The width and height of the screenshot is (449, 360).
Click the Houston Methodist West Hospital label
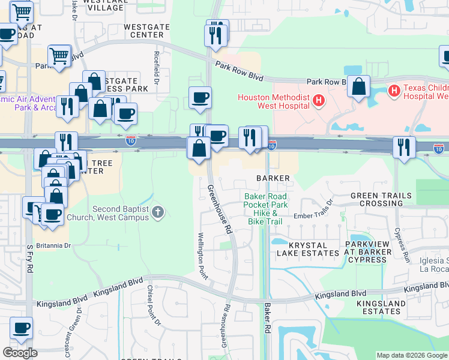(x=274, y=101)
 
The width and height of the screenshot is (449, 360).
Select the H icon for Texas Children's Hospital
(x=394, y=91)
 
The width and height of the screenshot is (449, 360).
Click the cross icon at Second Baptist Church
(x=158, y=211)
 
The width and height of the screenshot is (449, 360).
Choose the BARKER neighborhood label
(x=273, y=178)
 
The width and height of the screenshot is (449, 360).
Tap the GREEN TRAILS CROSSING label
(x=381, y=199)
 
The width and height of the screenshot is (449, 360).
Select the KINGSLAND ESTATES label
(x=381, y=308)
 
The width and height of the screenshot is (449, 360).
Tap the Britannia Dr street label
(x=52, y=245)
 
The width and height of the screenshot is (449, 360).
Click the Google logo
(x=20, y=353)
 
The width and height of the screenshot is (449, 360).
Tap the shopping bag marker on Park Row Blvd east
(x=358, y=86)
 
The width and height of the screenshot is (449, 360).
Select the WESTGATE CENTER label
(x=143, y=31)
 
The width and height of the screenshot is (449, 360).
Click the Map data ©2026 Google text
(x=412, y=355)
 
